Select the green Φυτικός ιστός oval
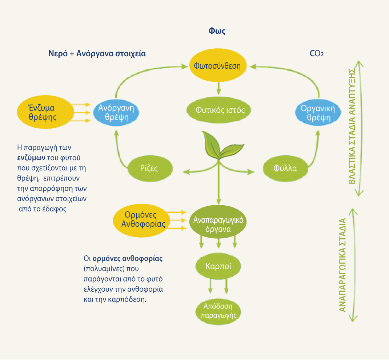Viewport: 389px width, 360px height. (218, 110)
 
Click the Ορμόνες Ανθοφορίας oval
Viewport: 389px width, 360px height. (140, 219)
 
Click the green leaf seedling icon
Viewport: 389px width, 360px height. (218, 147)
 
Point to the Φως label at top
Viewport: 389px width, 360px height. (217, 31)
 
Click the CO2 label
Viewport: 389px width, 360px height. (317, 54)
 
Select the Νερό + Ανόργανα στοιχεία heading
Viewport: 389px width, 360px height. (97, 54)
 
